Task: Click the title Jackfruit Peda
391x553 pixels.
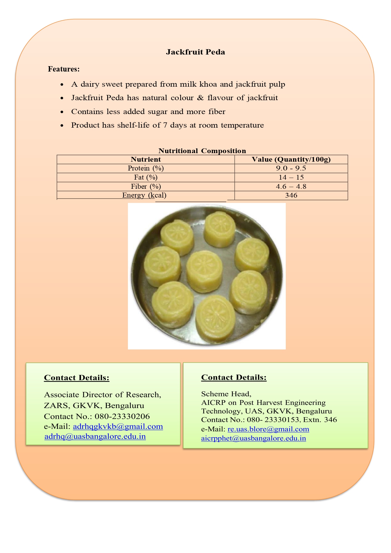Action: [195, 52]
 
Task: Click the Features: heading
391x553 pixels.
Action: [64, 69]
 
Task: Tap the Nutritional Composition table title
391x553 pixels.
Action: [202, 151]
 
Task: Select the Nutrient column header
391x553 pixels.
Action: [146, 159]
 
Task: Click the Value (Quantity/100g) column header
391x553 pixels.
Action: [291, 159]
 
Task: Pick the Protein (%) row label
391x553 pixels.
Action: [146, 168]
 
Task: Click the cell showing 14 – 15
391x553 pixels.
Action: [291, 177]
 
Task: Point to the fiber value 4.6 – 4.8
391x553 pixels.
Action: [291, 187]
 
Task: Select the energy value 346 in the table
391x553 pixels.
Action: [291, 195]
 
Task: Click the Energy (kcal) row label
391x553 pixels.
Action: [144, 195]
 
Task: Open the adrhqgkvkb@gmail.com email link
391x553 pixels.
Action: [118, 427]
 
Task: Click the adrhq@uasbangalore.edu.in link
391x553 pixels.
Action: [95, 436]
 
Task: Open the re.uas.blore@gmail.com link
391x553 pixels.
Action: [268, 429]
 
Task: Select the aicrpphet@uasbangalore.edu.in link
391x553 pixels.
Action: [253, 438]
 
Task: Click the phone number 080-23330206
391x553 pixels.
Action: [122, 417]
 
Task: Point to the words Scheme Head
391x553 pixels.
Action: [226, 394]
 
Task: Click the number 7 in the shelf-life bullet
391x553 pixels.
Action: [165, 125]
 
